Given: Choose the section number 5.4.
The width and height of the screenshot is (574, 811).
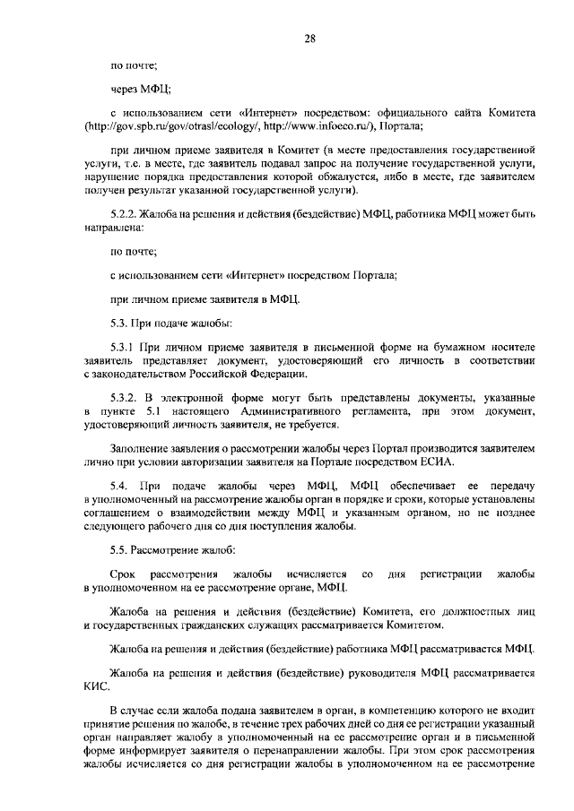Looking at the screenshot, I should click(x=117, y=486).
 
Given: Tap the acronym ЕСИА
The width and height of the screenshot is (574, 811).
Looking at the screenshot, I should click(x=434, y=462).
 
